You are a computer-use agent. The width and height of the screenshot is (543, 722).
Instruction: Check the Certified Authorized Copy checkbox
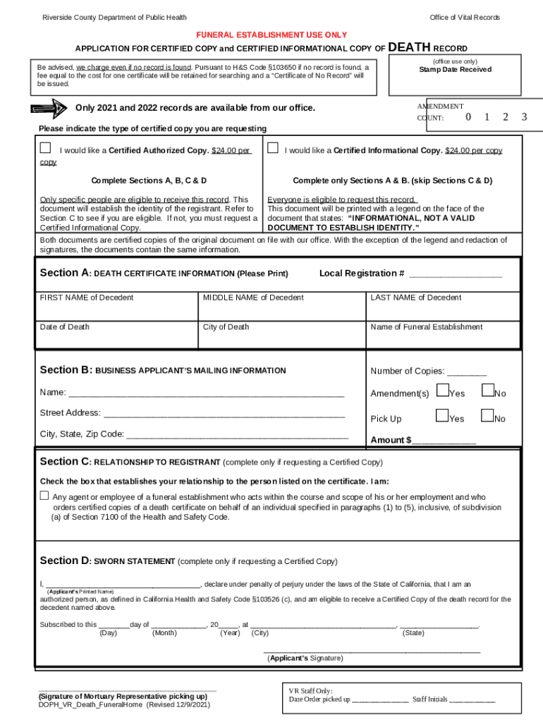[x=46, y=148]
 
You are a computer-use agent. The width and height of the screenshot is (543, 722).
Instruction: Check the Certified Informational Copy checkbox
[x=272, y=149]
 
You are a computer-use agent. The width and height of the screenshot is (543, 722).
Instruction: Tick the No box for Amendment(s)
[x=487, y=390]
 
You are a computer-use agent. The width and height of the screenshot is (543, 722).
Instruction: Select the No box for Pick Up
[x=487, y=416]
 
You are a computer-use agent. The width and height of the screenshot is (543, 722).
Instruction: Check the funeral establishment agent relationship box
[x=44, y=495]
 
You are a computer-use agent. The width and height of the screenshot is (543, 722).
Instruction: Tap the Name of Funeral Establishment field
[x=443, y=337]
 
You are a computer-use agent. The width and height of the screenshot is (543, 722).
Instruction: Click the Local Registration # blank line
[x=456, y=275]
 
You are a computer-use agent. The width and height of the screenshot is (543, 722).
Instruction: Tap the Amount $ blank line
[x=444, y=442]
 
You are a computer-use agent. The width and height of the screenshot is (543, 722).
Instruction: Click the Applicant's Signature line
[x=372, y=651]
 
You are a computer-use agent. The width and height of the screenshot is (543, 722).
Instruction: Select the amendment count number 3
[x=524, y=117]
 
